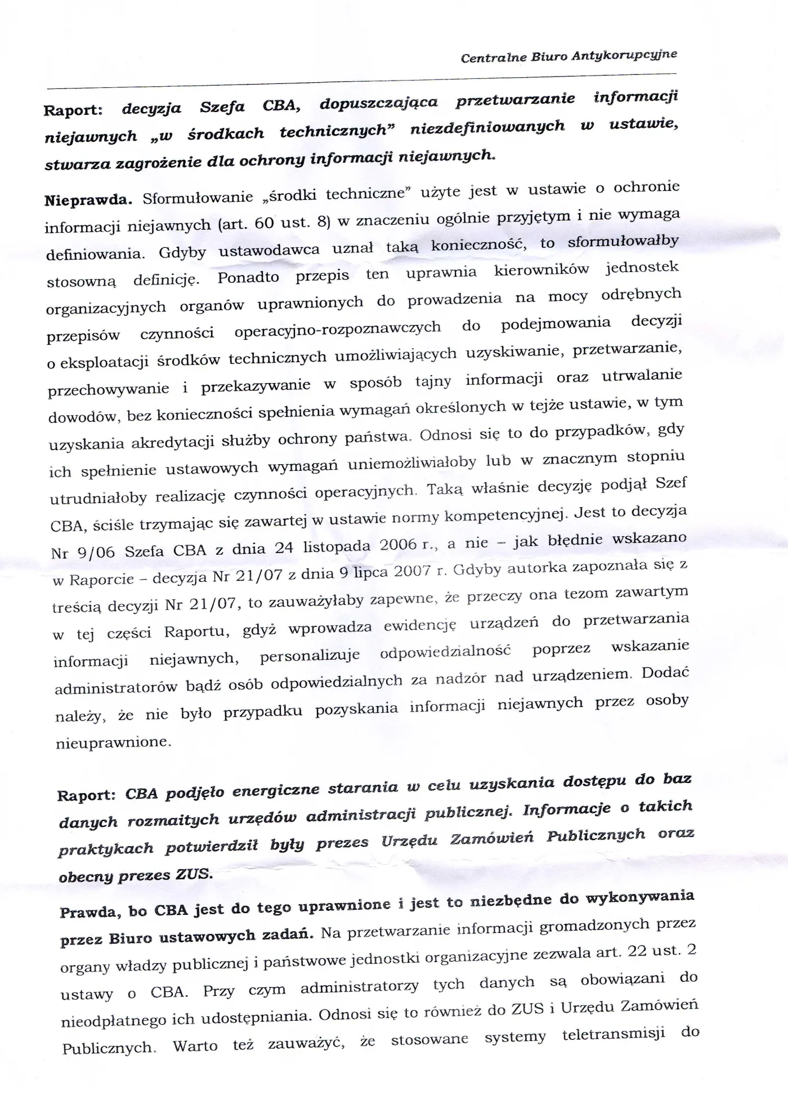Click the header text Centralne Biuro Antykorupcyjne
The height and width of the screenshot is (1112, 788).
[x=568, y=56]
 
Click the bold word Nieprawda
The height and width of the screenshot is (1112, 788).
[x=88, y=199]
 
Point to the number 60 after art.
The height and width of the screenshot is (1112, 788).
[x=264, y=223]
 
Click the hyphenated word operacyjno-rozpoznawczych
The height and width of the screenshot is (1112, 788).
[x=337, y=329]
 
